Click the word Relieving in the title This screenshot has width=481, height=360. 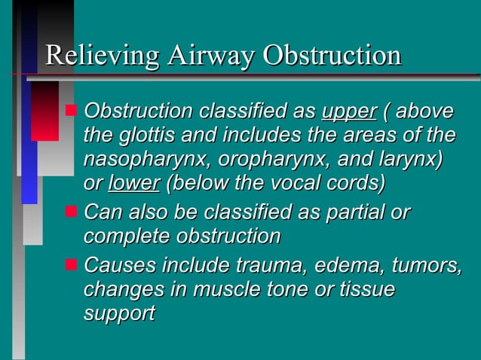click(x=101, y=56)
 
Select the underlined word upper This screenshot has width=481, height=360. click(x=348, y=113)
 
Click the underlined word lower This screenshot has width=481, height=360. click(x=134, y=183)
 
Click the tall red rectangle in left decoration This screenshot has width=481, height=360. click(x=44, y=111)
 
